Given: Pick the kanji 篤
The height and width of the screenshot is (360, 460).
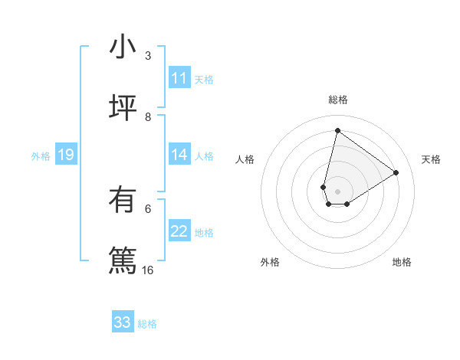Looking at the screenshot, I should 123,260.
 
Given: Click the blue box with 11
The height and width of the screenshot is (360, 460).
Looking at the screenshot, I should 179,78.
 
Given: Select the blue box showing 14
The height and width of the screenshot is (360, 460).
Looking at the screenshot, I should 179,155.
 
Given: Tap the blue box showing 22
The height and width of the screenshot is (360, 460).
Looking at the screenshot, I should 179,231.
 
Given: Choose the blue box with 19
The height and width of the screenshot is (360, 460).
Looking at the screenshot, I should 66,155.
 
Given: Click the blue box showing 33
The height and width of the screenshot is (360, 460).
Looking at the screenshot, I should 123,322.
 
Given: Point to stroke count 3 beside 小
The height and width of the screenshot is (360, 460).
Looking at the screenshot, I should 148,56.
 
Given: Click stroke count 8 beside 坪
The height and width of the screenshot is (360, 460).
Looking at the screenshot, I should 148,116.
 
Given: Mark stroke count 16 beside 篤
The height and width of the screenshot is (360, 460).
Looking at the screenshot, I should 148,270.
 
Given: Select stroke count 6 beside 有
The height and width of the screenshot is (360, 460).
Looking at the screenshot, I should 148,208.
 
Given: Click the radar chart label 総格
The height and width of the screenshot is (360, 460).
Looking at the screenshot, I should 338,100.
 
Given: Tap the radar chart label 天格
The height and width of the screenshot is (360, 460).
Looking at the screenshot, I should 431,159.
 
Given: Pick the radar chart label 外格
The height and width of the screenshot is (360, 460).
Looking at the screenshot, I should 270,262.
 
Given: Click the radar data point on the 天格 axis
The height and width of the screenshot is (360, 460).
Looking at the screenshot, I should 396,172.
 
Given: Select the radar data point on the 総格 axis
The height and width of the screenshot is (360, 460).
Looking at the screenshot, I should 337,130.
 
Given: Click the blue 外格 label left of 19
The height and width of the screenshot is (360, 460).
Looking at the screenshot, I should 41,156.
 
